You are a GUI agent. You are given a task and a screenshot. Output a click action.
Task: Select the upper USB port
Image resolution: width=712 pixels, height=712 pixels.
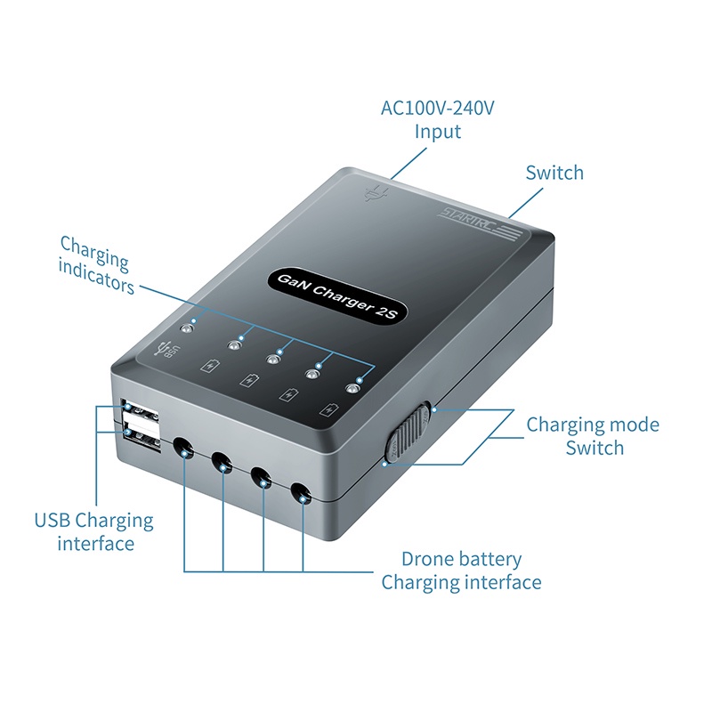click(141, 417)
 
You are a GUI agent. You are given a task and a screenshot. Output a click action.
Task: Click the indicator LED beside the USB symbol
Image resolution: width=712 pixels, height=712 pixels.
click(189, 327)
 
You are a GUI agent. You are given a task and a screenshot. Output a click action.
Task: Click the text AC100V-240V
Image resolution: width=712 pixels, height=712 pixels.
click(437, 109)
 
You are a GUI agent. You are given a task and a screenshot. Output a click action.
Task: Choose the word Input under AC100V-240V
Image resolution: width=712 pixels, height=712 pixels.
click(438, 132)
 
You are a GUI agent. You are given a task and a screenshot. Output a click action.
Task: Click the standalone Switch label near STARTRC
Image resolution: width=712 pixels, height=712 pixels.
click(554, 173)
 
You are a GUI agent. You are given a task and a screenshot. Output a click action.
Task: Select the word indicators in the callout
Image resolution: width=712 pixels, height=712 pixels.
click(97, 286)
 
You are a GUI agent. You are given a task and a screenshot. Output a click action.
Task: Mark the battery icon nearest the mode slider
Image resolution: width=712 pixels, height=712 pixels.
click(331, 410)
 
